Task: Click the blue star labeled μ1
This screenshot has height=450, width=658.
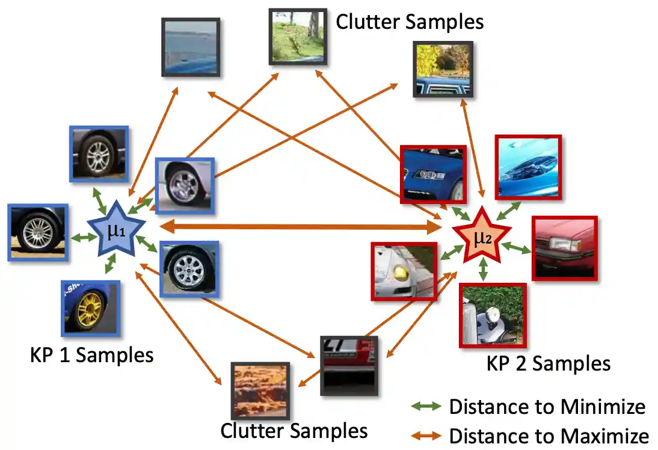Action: point(116,230)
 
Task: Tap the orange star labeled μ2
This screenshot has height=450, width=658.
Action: point(482,236)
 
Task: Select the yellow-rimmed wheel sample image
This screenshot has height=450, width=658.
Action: point(90,308)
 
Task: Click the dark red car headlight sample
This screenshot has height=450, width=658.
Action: point(564,248)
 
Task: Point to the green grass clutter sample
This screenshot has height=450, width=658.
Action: point(298,37)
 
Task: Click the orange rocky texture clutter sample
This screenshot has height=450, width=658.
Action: point(260,390)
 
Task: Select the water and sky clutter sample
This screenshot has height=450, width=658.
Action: point(191,47)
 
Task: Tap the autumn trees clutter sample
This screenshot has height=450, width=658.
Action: point(443,69)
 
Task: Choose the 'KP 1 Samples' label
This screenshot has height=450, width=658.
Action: point(91,355)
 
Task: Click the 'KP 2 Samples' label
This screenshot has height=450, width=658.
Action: point(548,363)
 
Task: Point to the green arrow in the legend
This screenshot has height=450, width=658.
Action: point(426,407)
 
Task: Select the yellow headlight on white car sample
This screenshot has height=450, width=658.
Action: point(404,271)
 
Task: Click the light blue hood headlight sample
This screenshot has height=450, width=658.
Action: point(527,167)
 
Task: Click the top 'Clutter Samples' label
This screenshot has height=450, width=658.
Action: point(410,22)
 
